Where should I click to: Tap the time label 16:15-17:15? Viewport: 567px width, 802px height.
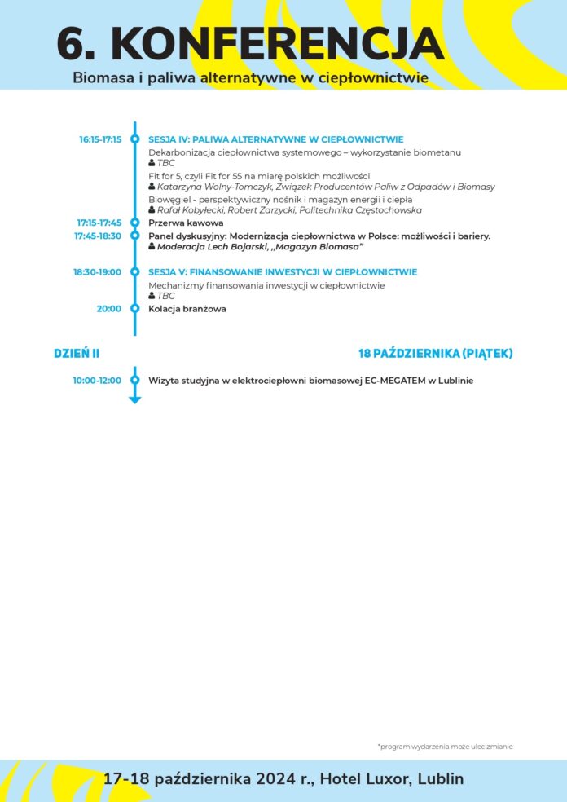(100, 139)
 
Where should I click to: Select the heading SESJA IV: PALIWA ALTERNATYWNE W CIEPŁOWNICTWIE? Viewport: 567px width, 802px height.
(275, 139)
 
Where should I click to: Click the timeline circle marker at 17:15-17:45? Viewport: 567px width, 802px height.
(135, 223)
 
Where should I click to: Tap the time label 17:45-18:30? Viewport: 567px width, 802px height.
(98, 236)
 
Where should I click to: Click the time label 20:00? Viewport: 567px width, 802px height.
(109, 309)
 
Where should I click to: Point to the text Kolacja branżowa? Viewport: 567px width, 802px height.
(187, 309)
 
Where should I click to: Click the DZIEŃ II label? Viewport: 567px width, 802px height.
(77, 353)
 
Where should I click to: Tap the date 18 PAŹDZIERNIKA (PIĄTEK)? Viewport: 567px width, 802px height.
(435, 353)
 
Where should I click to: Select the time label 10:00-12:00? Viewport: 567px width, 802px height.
(97, 381)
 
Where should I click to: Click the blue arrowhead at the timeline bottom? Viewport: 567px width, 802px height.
(135, 399)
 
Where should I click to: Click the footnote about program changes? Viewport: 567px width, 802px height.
(445, 747)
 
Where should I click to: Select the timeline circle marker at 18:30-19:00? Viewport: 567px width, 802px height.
(135, 272)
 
